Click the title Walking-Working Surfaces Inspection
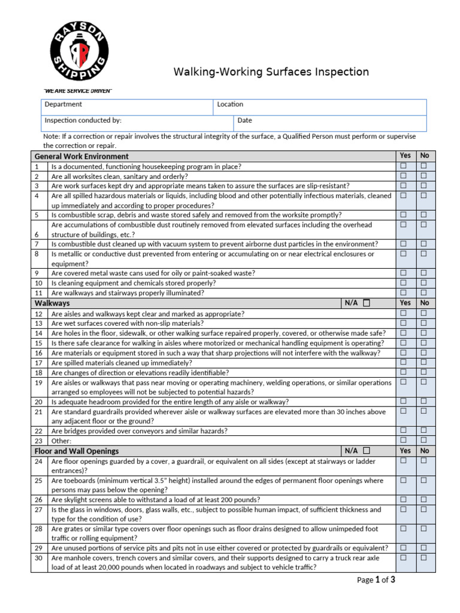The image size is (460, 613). click(x=271, y=72)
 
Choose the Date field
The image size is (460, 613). click(x=329, y=123)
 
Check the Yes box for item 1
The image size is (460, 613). click(x=404, y=166)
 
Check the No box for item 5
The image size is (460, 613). click(x=424, y=214)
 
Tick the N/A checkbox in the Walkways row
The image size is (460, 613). click(x=367, y=303)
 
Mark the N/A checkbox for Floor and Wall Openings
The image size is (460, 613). click(x=366, y=450)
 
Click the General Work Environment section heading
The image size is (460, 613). click(x=82, y=156)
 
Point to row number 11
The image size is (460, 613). click(x=38, y=293)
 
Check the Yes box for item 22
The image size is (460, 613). click(x=404, y=430)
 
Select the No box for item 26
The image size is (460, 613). click(x=424, y=499)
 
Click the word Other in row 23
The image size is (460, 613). click(x=61, y=441)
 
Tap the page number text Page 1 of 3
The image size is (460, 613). click(x=376, y=579)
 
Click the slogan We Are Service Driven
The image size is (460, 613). click(x=78, y=90)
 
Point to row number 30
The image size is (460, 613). click(x=38, y=558)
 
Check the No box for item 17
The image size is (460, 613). click(x=424, y=362)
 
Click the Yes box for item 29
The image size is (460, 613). click(x=404, y=548)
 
